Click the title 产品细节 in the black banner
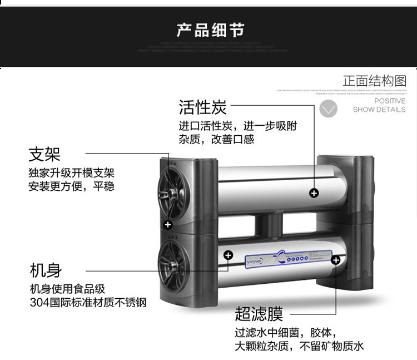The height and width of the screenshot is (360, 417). click(x=210, y=29)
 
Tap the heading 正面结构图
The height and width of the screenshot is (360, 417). click(x=374, y=81)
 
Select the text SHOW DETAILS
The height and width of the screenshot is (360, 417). click(x=379, y=110)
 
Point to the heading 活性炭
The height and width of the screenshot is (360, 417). click(x=202, y=106)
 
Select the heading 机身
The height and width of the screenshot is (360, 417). click(x=46, y=271)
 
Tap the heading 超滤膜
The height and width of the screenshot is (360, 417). click(x=259, y=314)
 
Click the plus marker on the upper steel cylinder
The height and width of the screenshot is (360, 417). click(x=314, y=193)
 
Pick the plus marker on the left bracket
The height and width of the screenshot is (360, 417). click(x=168, y=225)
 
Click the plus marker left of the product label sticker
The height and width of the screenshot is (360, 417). click(x=228, y=255)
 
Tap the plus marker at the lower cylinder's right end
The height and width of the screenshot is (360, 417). click(x=336, y=260)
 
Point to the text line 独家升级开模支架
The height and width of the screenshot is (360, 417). click(x=71, y=173)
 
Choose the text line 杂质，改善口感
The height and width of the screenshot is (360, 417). click(x=216, y=140)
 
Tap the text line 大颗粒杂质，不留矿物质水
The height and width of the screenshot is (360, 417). click(x=299, y=346)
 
